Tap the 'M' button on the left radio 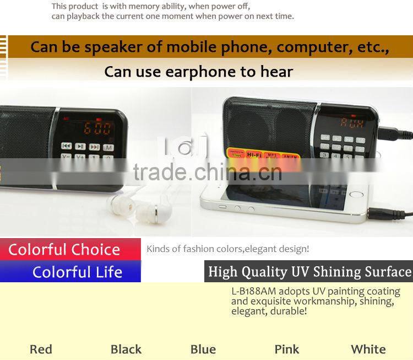pos(108,147)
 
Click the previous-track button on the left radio pos(66,147)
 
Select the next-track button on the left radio pos(94,147)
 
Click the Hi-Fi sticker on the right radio pos(254,155)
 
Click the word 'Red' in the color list pos(41,349)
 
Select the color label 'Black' pos(126,349)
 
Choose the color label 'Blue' pos(203,349)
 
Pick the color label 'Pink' pos(287,349)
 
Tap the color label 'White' pos(368,349)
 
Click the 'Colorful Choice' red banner pos(64,250)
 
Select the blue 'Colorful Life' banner pos(77,272)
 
